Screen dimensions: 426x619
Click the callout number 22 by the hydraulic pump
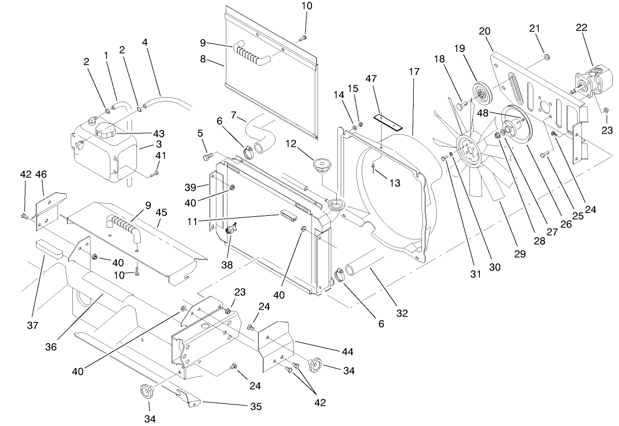581,28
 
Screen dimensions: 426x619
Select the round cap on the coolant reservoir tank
105,131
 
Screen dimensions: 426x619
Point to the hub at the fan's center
468,150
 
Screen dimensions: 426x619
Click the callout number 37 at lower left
33,326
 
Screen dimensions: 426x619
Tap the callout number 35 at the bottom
255,407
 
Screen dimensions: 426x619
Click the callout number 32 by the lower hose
402,313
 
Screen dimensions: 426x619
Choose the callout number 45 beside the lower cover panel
161,212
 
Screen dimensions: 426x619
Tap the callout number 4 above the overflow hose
145,42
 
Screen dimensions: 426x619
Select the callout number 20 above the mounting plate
485,31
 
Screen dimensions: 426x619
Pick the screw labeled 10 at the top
303,38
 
